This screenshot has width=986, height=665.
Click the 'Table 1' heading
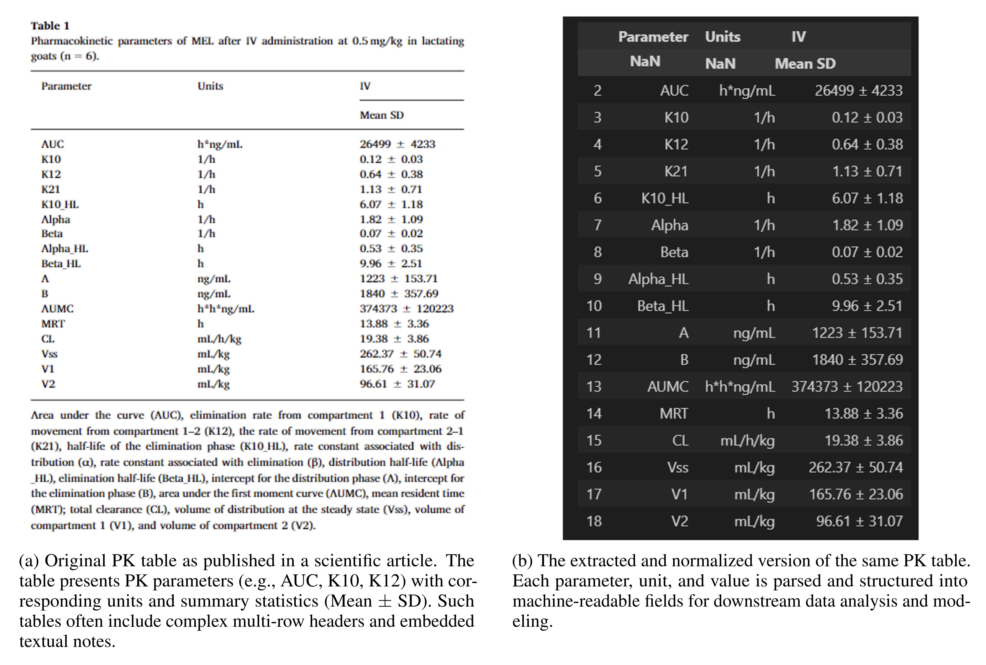point(50,26)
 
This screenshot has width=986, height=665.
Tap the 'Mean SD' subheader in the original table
point(382,115)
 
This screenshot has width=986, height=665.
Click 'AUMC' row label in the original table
point(57,308)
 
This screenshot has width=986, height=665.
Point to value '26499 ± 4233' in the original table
point(397,144)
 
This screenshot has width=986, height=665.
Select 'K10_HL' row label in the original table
point(60,204)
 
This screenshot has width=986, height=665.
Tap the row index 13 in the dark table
point(594,387)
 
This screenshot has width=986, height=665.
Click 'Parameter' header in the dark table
point(653,37)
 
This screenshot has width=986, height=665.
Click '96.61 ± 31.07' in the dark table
point(859,521)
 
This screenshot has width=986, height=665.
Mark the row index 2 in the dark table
point(597,91)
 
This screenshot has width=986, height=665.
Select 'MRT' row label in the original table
point(53,324)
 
